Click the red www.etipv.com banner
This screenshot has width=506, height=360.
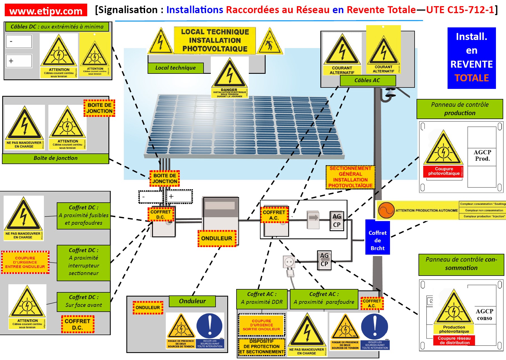tap(46, 10)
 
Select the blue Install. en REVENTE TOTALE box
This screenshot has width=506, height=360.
tap(471, 58)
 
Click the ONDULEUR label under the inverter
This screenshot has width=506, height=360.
tap(217, 238)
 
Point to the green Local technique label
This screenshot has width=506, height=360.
tap(176, 68)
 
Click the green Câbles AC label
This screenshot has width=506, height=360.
tap(367, 80)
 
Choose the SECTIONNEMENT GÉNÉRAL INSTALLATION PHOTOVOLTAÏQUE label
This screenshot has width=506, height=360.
tap(350, 177)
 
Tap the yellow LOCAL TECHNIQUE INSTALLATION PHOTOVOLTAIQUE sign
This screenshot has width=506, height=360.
tap(215, 41)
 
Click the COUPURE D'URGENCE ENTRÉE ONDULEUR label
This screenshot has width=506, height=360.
tap(25, 262)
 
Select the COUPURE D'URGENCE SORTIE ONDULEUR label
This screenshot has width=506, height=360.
tap(261, 325)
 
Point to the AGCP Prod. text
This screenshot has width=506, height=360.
tap(482, 155)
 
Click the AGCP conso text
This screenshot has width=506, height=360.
tap(484, 314)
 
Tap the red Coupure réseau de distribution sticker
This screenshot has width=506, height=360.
tap(454, 340)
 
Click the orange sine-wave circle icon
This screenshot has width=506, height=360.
tap(386, 210)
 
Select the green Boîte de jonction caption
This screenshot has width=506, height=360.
tap(55, 158)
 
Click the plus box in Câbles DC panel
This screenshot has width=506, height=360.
tap(19, 61)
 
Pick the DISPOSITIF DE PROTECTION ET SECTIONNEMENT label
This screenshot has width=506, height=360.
tap(261, 347)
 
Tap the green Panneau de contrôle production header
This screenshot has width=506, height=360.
tap(460, 109)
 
